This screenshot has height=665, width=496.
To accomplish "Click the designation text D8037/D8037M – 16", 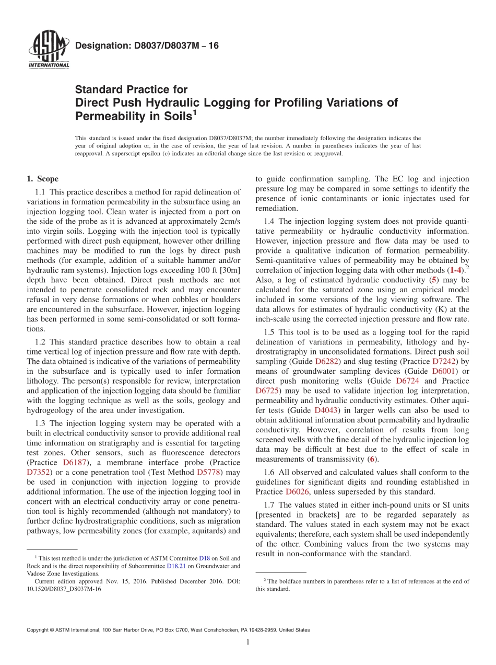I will coord(147,45).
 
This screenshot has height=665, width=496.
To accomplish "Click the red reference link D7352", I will coord(40,472).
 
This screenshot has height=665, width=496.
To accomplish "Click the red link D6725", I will coord(268,391).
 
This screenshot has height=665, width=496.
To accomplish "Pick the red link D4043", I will coord(326,410).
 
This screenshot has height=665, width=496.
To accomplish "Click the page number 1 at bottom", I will coord(247,643).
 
